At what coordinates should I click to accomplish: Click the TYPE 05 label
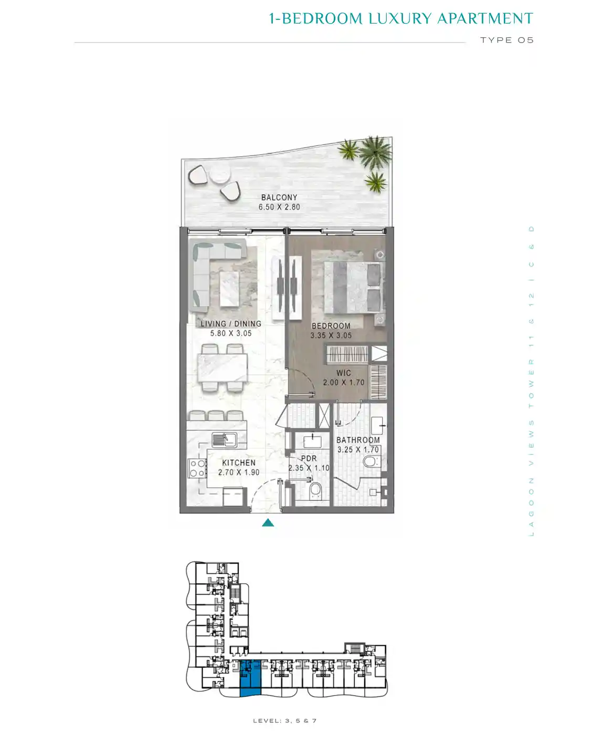(x=507, y=40)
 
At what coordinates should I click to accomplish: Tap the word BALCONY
(x=279, y=197)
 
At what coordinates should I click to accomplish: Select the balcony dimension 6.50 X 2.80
(x=279, y=207)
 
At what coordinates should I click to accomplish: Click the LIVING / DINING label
(x=230, y=324)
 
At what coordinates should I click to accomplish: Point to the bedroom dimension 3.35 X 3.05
(x=331, y=335)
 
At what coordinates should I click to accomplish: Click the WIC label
(x=343, y=373)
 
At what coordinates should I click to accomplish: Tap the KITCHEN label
(x=239, y=463)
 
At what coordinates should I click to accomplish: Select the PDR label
(x=309, y=458)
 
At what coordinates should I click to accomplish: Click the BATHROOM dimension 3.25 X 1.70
(x=358, y=449)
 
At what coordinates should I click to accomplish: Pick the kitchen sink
(x=224, y=439)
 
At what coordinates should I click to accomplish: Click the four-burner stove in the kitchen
(x=197, y=468)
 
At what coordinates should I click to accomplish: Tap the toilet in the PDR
(x=315, y=489)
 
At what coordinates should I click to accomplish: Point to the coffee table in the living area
(x=229, y=289)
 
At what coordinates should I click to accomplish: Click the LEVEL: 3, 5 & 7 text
(x=284, y=720)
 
